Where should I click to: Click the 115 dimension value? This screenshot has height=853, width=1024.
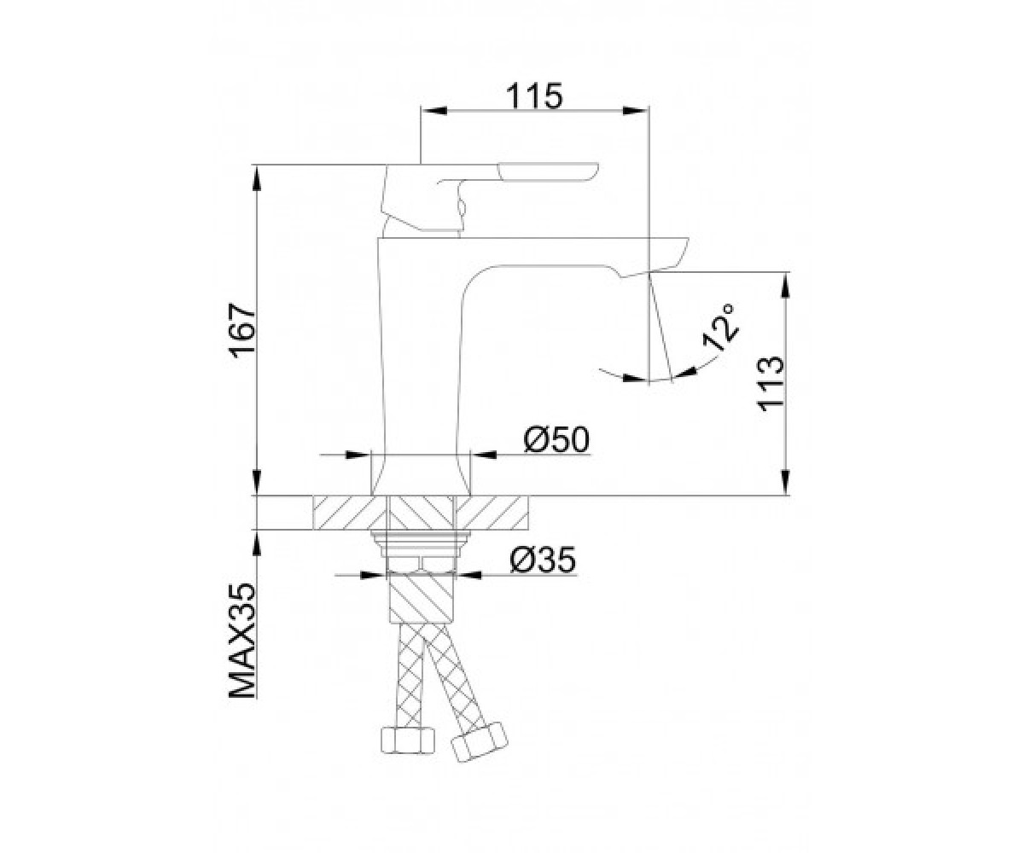[x=534, y=96]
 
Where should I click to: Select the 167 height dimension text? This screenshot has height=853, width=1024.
[x=241, y=331]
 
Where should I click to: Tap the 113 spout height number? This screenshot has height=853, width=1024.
[x=771, y=383]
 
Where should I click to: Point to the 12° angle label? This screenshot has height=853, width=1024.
[x=719, y=327]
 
